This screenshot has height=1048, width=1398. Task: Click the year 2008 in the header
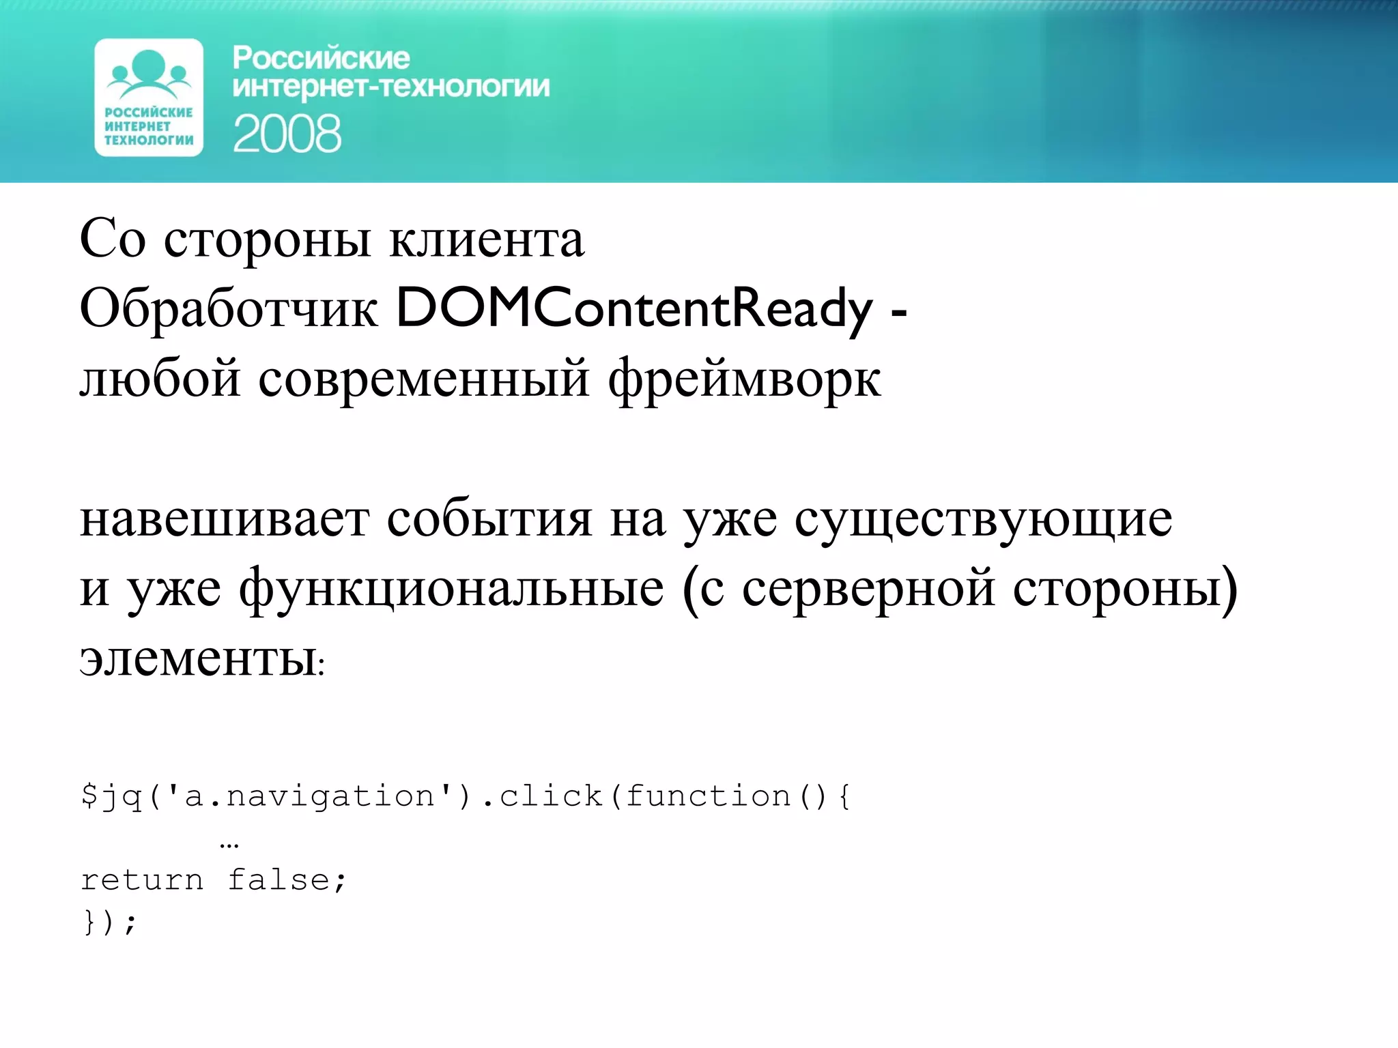click(x=287, y=134)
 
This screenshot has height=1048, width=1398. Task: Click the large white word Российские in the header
click(x=321, y=59)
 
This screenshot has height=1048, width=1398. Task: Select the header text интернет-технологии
click(x=390, y=87)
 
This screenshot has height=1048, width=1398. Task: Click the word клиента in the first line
click(x=487, y=240)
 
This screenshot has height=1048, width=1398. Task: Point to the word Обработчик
click(x=229, y=309)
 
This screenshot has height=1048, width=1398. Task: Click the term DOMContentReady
click(x=634, y=309)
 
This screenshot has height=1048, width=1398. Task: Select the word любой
click(x=160, y=379)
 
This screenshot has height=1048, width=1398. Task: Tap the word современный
click(x=424, y=379)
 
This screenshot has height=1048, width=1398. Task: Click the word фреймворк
click(x=744, y=379)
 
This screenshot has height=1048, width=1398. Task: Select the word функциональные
click(x=451, y=589)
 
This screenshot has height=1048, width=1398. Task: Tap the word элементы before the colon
click(x=198, y=660)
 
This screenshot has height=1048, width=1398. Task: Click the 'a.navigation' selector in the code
click(x=310, y=796)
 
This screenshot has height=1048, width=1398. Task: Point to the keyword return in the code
click(x=142, y=880)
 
